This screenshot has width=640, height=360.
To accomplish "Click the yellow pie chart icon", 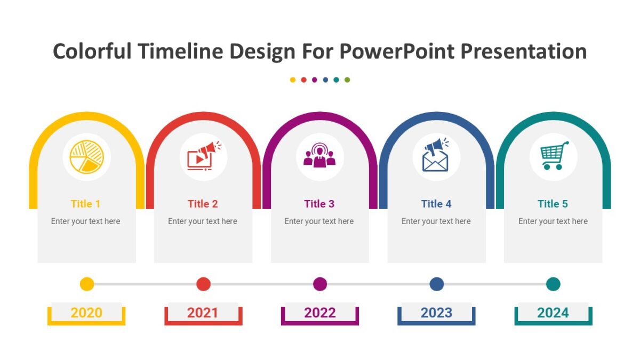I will coord(87,157).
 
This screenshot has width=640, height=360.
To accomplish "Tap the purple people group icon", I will coord(319,156).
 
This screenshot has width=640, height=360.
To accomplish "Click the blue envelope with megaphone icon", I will coord(436,156).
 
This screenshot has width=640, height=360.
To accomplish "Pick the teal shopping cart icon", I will coord(554,156).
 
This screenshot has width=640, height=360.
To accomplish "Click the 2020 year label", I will coord(86,313).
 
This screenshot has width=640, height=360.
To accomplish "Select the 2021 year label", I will coord(203,313).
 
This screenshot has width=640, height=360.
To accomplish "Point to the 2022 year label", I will coord(319,313).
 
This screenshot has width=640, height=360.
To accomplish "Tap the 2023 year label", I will coord(436,313).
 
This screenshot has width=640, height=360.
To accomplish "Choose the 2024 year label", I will coord(553,313).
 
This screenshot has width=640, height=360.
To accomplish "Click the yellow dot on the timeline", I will coord(87,284).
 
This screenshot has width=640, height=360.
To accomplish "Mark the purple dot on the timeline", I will coord(320,284).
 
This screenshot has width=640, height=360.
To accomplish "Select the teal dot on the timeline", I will coord(553,284).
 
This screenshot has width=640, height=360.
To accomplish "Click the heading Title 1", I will coord(86,204).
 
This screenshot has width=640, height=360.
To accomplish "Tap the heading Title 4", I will coord(436,204).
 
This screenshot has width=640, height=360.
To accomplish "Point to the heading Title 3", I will coord(319,204).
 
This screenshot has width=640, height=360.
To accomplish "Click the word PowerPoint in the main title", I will coord(397,52).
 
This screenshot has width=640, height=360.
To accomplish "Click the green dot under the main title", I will coord(347,80).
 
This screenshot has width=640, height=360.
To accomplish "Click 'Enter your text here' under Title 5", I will coord(553,221).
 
